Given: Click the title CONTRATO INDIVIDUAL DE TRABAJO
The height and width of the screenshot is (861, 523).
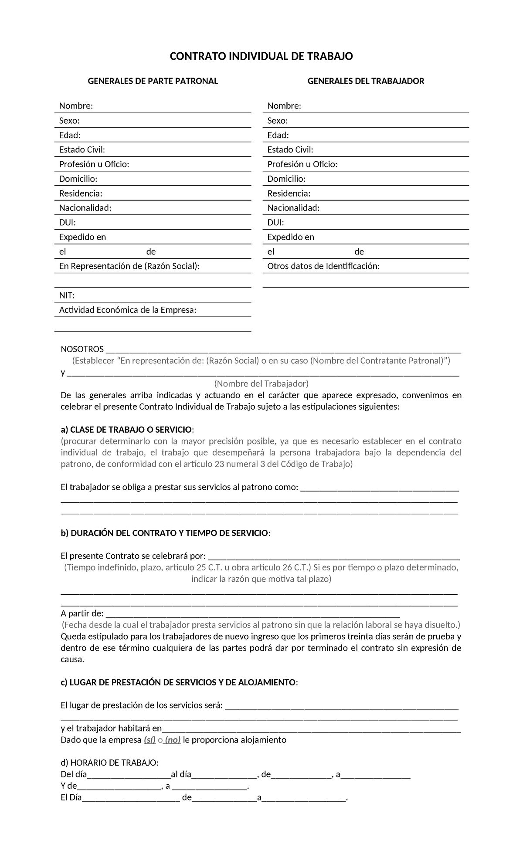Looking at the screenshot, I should click(261, 56).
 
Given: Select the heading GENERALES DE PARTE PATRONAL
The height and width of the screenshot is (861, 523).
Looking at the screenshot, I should click(153, 81).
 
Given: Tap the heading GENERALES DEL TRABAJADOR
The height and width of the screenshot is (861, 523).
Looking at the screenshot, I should click(366, 81).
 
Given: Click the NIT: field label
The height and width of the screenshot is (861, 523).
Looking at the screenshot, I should click(67, 295).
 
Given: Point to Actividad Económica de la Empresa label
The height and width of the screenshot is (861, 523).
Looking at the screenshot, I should click(128, 310).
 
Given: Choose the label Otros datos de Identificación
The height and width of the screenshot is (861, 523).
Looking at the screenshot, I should click(323, 266).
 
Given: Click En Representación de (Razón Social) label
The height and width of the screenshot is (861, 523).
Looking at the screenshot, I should click(129, 266).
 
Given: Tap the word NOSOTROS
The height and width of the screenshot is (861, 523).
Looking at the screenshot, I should click(82, 349).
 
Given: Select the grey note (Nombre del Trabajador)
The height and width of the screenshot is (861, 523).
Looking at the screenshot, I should click(261, 383).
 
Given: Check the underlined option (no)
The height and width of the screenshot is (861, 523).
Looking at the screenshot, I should click(173, 740).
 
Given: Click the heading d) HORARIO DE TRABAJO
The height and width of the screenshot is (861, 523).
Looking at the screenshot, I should click(110, 763).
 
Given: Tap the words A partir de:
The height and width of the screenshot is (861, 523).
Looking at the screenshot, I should click(82, 614).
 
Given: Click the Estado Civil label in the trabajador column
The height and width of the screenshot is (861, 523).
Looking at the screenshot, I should click(290, 150).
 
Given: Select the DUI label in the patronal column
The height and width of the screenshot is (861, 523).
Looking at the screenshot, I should click(67, 223).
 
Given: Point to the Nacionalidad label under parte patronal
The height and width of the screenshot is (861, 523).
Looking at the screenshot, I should click(85, 208).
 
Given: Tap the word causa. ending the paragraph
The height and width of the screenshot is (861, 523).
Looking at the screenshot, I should click(72, 659).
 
